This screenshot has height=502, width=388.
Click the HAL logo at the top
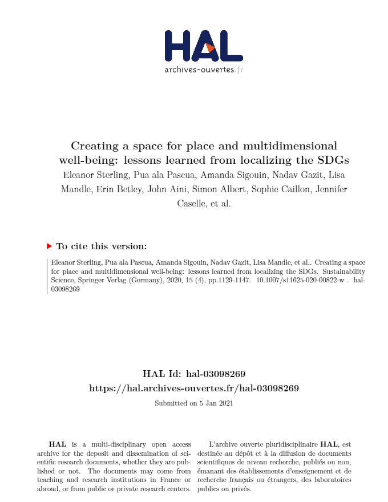pyautogui.click(x=203, y=46)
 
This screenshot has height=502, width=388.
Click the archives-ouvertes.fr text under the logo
pyautogui.click(x=204, y=70)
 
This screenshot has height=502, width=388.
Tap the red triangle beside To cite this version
pyautogui.click(x=49, y=246)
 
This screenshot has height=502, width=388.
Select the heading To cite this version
pyautogui.click(x=101, y=246)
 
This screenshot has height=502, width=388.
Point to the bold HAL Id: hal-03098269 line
pyautogui.click(x=194, y=374)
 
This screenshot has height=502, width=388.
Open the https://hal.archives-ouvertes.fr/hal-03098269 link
pyautogui.click(x=194, y=388)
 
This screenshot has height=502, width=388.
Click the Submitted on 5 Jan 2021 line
pyautogui.click(x=194, y=403)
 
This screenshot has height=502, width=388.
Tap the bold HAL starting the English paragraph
pyautogui.click(x=57, y=444)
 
